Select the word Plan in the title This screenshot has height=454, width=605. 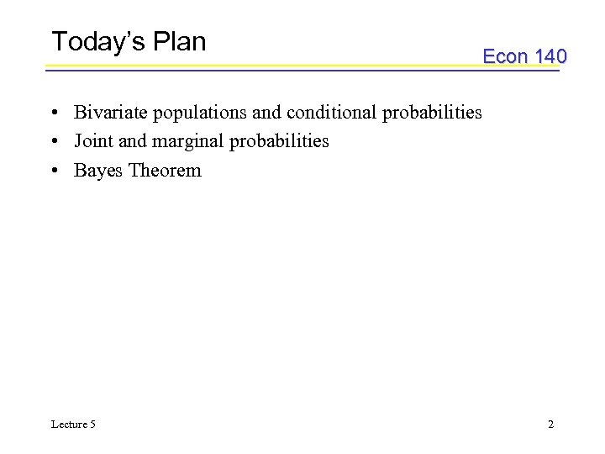coord(181,41)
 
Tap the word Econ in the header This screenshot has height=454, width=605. coord(505,56)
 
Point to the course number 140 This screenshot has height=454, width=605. coord(550,56)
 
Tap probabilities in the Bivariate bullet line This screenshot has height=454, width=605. coord(432,113)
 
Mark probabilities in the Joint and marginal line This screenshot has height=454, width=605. coord(279,141)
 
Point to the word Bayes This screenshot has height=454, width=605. coord(97,171)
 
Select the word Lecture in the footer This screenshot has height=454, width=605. coord(68,424)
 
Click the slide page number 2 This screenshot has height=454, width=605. coord(551,424)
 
